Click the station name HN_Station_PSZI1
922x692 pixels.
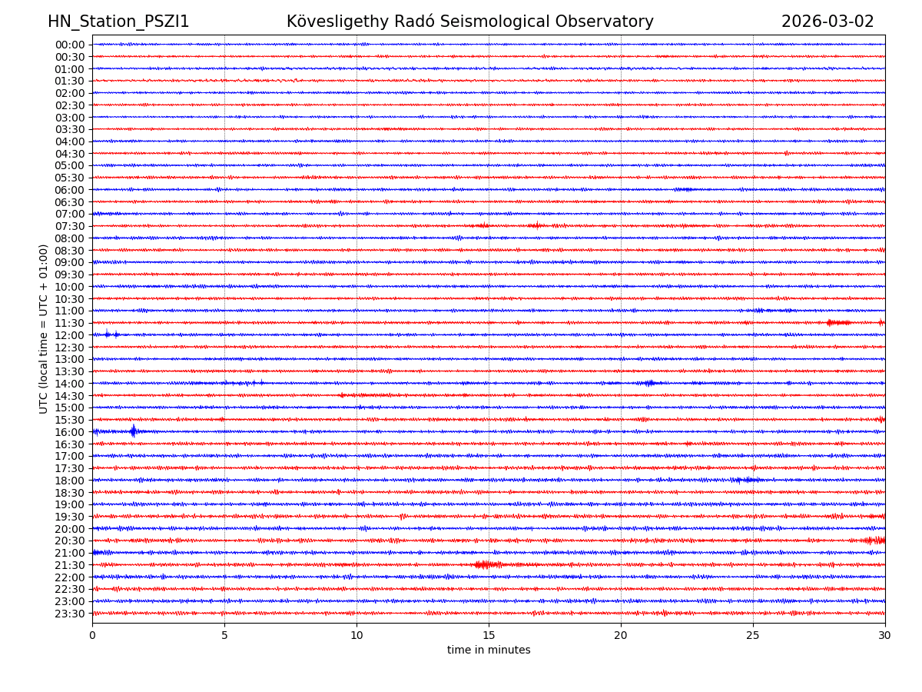coord(118,22)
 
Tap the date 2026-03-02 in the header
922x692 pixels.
coord(827,22)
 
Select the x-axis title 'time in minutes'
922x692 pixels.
coord(489,650)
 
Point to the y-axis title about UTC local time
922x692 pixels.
coord(44,328)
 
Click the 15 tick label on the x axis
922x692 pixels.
coord(489,635)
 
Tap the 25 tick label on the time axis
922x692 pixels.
coord(753,635)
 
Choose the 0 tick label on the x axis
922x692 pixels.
coord(92,635)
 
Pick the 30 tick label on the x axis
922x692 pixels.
coord(885,635)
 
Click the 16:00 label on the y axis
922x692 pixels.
coord(69,432)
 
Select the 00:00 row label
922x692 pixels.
coord(69,45)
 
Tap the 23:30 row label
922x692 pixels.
coord(69,614)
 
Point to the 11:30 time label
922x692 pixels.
coord(69,323)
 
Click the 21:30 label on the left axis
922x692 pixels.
coord(69,565)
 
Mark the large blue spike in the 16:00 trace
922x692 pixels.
coord(133,431)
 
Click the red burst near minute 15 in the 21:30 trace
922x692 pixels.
coord(487,565)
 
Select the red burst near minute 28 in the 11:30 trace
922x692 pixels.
coord(838,323)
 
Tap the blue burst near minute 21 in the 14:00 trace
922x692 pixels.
coord(649,383)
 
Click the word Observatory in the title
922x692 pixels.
coord(610,22)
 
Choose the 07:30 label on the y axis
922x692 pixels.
coord(69,226)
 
